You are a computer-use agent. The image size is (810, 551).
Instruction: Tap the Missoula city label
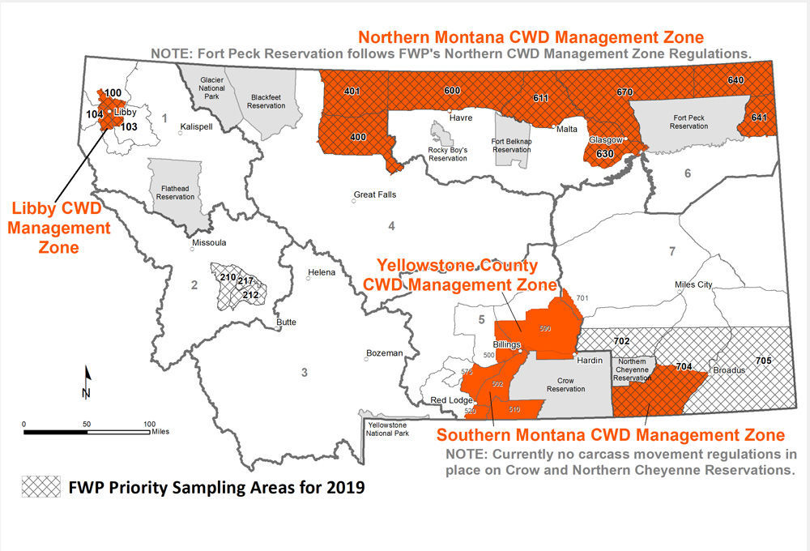tap(209, 242)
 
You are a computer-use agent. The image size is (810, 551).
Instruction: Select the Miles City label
tap(693, 284)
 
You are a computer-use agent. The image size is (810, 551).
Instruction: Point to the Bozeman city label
tap(385, 353)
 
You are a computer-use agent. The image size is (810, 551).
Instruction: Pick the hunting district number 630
tap(604, 153)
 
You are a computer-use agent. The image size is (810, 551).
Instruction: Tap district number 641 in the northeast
tap(759, 117)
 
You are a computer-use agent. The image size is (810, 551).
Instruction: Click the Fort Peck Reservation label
tap(689, 122)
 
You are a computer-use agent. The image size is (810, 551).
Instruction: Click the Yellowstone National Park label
tap(387, 429)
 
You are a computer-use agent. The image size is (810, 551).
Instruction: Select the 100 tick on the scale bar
tap(149, 423)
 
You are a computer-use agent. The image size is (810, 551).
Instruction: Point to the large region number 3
tap(305, 372)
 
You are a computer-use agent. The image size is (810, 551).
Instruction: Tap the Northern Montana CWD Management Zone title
tap(531, 37)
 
